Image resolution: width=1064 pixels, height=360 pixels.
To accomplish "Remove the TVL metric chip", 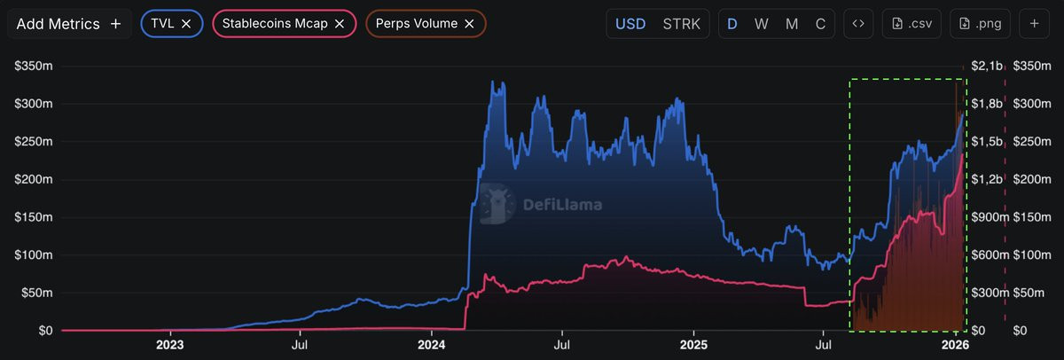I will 185,24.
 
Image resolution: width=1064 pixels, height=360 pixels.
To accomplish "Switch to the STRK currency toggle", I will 680,24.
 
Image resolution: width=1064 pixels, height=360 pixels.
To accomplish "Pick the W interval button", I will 761,24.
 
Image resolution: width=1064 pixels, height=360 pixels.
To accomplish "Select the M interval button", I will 792,24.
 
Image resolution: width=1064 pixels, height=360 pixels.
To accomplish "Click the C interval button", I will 821,24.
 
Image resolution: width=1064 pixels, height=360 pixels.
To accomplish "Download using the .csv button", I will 911,24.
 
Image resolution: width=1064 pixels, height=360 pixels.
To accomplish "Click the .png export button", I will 980,24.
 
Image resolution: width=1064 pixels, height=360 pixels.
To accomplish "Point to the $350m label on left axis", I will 33,66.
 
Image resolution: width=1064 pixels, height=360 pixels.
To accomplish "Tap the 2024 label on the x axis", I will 431,344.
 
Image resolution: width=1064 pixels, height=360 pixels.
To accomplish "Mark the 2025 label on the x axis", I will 693,344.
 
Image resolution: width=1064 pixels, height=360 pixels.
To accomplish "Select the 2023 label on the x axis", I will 169,344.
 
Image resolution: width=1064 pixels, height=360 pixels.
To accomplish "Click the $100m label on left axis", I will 33,255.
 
